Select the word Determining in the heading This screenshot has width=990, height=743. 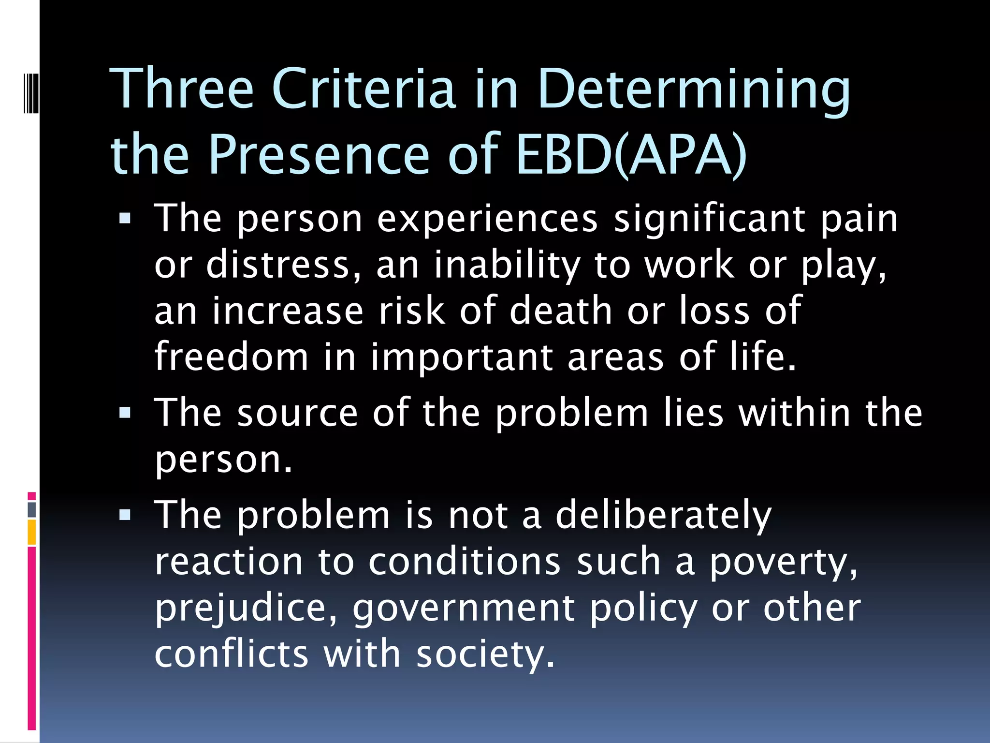coord(694,90)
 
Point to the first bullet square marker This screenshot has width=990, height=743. coord(125,219)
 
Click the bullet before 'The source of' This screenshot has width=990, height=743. coord(125,413)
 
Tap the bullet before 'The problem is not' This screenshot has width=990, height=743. coord(125,515)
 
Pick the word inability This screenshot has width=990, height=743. coord(507,265)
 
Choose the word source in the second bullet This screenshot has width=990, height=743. coord(297,413)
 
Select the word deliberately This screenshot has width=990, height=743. coord(663,516)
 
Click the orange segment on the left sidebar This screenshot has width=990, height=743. coord(32,532)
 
